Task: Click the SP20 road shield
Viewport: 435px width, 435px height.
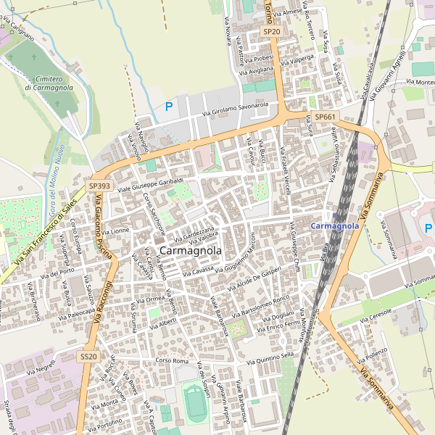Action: click(271, 32)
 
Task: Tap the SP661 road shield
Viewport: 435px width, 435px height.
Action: click(324, 117)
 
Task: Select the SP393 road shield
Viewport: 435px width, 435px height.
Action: click(99, 186)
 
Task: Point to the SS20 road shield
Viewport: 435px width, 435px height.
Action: click(88, 357)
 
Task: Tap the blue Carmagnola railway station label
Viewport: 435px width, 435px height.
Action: click(334, 226)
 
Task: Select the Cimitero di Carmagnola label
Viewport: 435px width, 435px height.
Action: click(49, 83)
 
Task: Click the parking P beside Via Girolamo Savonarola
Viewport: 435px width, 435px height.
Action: click(169, 107)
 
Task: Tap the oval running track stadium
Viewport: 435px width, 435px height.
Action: click(195, 404)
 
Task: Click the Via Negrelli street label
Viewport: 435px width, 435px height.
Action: click(41, 370)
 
